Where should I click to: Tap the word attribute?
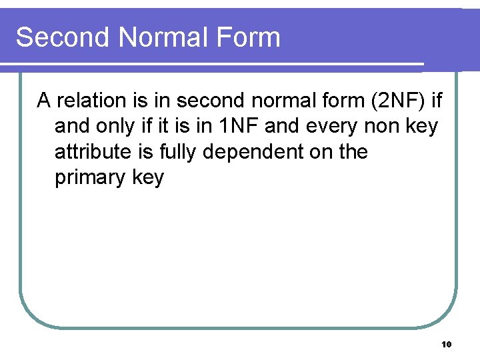(x=93, y=152)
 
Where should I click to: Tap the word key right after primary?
(x=149, y=178)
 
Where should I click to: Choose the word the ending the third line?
(x=353, y=152)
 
